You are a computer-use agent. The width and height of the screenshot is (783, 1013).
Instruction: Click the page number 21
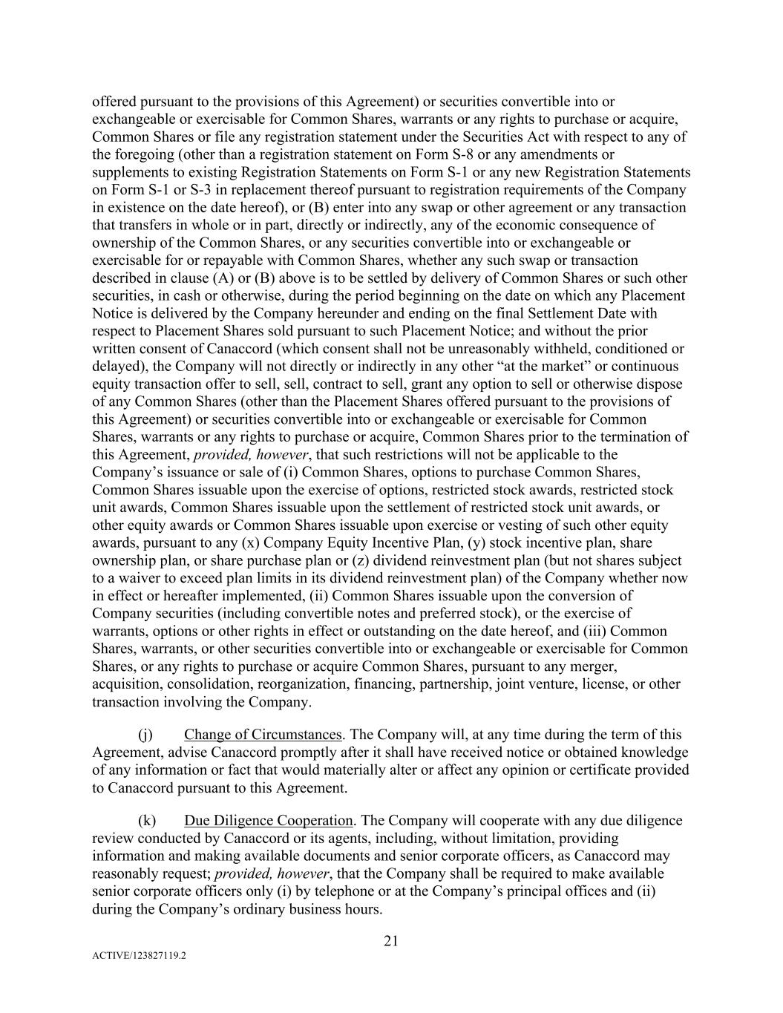coord(391,941)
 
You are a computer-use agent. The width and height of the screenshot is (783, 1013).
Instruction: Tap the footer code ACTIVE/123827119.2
coord(139,957)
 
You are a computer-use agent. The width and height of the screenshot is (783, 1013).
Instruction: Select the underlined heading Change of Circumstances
coord(263,735)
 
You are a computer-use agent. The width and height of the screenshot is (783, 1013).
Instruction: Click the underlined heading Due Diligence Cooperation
coord(268,821)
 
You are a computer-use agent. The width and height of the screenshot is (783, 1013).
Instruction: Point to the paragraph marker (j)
coord(145,735)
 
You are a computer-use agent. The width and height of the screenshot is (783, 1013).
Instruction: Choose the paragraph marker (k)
coord(146,821)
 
